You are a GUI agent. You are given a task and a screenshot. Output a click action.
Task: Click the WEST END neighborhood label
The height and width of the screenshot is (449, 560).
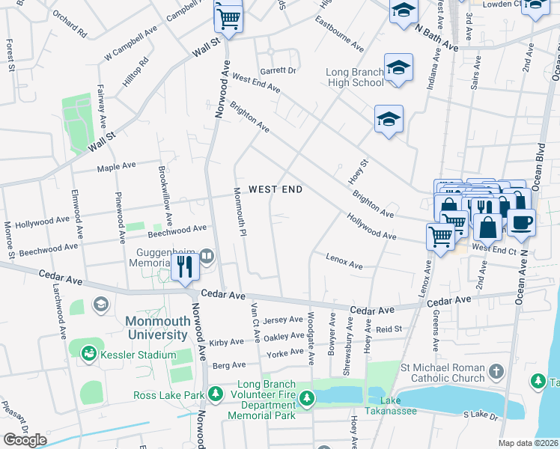tap(276, 189)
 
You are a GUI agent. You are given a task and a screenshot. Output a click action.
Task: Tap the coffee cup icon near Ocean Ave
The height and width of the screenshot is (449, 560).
tap(521, 222)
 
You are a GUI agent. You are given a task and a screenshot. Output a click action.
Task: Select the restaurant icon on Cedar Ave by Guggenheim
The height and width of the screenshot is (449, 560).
tap(183, 266)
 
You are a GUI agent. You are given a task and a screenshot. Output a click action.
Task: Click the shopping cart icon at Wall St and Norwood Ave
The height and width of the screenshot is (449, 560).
tap(228, 18)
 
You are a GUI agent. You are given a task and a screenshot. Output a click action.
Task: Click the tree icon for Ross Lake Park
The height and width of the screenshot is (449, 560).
tap(216, 394)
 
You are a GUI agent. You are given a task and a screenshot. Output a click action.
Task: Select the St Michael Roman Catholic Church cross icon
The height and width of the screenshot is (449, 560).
tap(496, 372)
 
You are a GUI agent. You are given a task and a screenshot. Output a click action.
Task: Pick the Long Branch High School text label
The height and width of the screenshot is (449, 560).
tap(355, 77)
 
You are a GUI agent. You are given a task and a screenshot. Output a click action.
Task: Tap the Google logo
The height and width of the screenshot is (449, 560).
tap(25, 440)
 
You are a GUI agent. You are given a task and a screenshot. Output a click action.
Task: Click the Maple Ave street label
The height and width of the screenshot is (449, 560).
tap(116, 166)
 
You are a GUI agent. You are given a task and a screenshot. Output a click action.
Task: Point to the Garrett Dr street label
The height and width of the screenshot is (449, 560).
tap(279, 70)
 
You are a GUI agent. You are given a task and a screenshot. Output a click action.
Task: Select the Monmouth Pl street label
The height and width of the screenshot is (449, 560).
tap(241, 212)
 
